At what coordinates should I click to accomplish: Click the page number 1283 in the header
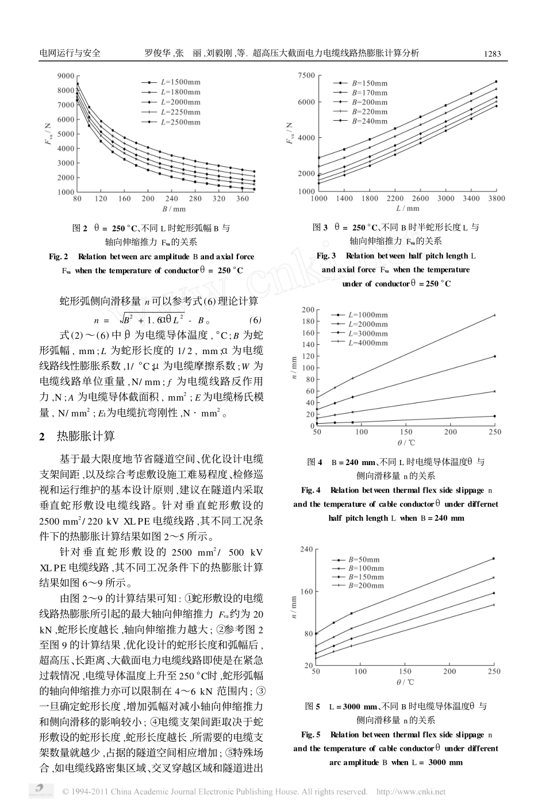492,54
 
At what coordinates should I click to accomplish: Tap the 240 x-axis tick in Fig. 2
172,199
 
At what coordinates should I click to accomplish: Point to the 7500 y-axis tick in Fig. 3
306,76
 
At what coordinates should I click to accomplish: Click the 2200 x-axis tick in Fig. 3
395,198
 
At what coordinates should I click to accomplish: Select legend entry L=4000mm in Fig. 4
368,343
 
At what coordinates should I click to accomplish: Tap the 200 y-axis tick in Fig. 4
308,310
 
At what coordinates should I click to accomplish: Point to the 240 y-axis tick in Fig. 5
307,550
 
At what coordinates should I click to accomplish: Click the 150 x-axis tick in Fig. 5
406,671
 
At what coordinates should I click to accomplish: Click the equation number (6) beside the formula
255,320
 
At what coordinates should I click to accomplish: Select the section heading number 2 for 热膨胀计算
42,436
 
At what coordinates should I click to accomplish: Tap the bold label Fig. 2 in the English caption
59,256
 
